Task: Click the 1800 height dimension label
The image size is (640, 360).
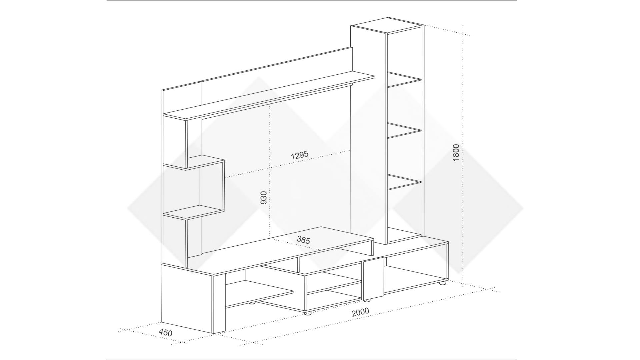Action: (x=456, y=153)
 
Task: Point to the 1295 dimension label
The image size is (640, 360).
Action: (x=300, y=155)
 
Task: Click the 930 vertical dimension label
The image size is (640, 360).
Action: (x=263, y=198)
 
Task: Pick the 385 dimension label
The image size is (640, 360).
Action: (x=303, y=240)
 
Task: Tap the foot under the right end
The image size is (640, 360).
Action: (x=442, y=283)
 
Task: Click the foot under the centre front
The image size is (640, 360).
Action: (x=308, y=313)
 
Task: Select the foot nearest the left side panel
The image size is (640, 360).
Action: (x=252, y=303)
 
